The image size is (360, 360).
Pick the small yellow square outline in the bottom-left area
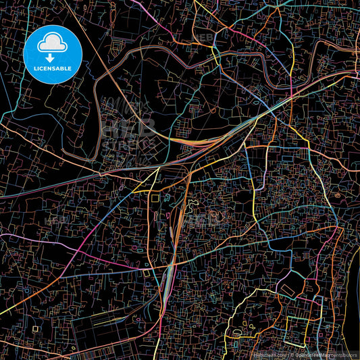[35, 329]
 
